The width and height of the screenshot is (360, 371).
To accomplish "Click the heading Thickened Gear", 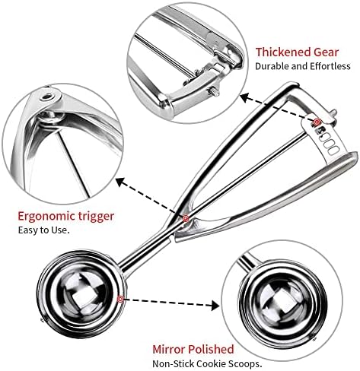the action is tap(297, 52).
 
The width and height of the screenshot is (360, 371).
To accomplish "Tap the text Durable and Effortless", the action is tap(303, 66).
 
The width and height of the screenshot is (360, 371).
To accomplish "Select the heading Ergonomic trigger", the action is tap(66, 217).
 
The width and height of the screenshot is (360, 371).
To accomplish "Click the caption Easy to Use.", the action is tap(43, 230).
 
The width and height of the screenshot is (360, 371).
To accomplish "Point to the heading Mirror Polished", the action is tap(193, 350).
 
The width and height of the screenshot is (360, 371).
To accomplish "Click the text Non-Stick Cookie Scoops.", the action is tap(207, 364).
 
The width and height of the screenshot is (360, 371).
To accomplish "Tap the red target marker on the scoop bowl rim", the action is tap(120, 300).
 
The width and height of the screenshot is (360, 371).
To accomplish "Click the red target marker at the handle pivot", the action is tap(186, 218).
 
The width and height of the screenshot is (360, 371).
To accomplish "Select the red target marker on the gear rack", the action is tap(317, 122).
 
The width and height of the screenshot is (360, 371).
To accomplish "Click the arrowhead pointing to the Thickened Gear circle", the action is tap(244, 97).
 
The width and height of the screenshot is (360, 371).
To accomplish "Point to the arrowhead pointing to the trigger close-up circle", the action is tap(120, 182).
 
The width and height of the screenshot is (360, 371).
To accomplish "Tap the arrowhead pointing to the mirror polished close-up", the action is tap(215, 306).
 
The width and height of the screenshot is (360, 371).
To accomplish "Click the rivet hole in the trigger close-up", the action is tap(46, 97).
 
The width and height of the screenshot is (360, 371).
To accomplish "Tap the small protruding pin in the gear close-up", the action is tap(214, 92).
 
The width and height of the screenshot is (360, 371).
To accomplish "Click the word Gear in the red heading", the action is tap(326, 52).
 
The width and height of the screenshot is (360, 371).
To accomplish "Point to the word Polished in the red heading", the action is tap(215, 350).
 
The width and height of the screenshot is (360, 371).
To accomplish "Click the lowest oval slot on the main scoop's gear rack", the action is tap(330, 152).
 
